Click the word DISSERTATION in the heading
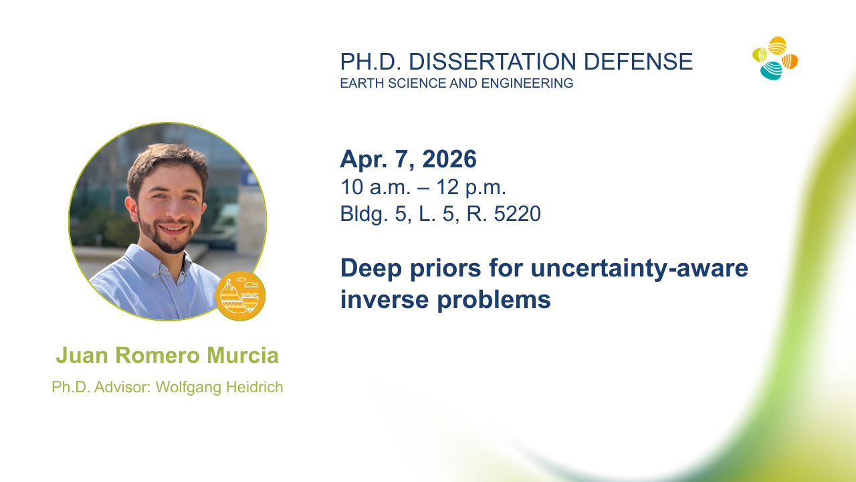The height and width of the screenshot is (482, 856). tap(492, 62)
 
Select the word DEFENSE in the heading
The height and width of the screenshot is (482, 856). tap(638, 62)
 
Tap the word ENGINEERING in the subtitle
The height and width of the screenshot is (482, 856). tap(527, 83)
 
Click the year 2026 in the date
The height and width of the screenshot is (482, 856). tap(449, 159)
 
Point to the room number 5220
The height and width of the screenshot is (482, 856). tap(518, 214)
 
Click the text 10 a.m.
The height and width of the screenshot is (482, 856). tap(375, 187)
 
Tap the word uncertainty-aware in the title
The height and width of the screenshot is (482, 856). tap(639, 268)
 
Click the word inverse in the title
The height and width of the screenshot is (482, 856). tap(385, 299)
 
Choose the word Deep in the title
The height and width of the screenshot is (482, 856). tap(371, 269)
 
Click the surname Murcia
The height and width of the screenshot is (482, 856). tap(243, 355)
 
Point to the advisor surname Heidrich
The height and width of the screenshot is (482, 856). tap(255, 387)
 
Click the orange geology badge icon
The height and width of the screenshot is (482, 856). tap(240, 296)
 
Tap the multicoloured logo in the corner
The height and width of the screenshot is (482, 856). tap(775, 58)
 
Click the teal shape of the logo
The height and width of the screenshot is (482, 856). tap(771, 71)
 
